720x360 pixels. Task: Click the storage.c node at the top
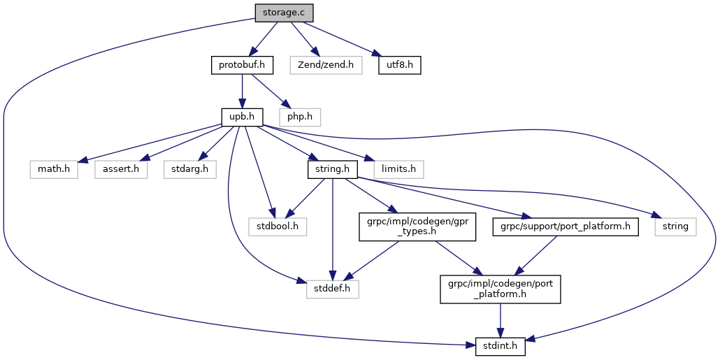click(283, 13)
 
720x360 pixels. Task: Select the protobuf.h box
click(241, 66)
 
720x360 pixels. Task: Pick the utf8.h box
click(401, 66)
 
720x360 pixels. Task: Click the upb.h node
click(241, 117)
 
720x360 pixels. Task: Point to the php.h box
click(299, 117)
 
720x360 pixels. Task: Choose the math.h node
click(53, 168)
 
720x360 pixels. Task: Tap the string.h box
click(333, 168)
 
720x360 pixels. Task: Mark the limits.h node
click(398, 168)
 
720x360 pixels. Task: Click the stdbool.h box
click(278, 226)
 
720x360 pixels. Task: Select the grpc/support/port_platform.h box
click(566, 226)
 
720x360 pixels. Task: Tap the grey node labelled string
click(675, 226)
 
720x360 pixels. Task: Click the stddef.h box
click(333, 288)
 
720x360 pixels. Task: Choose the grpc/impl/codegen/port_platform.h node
click(500, 288)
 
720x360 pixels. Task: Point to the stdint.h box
click(501, 345)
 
